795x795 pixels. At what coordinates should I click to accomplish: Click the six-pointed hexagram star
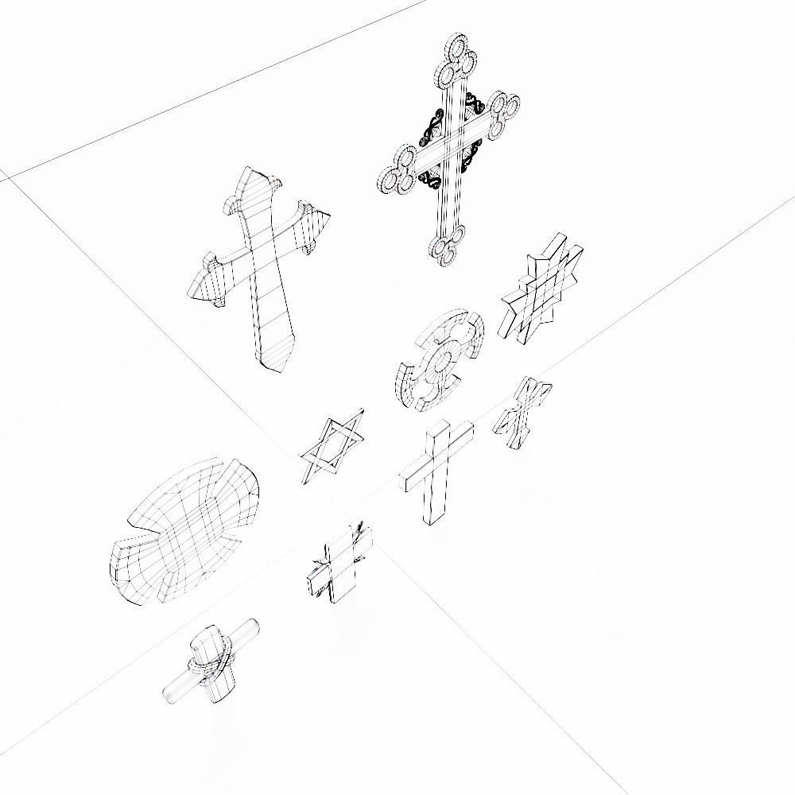tap(332, 447)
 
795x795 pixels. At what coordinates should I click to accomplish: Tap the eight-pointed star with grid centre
tap(541, 289)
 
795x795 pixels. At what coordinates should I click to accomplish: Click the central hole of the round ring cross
tap(439, 362)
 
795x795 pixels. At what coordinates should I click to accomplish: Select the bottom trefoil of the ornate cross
tap(447, 246)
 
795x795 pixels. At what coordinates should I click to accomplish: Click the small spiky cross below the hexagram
tap(339, 563)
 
